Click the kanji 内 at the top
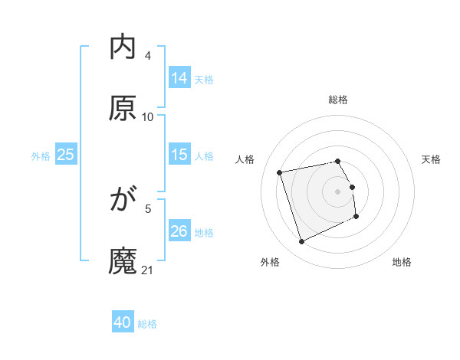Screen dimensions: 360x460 (x=123, y=47)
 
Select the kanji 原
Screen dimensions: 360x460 (x=123, y=108)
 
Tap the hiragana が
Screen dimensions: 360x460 (x=123, y=200)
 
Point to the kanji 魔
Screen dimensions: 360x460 (x=123, y=261)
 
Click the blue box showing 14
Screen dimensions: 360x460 (x=179, y=78)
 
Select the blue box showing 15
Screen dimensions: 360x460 (x=179, y=155)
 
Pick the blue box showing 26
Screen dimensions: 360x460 (x=179, y=231)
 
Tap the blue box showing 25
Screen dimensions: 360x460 (x=65, y=155)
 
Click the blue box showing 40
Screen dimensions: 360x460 (x=123, y=322)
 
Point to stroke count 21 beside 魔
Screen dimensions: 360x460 (x=148, y=270)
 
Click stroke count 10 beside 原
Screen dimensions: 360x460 (x=148, y=117)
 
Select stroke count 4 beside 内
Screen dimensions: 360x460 (x=148, y=56)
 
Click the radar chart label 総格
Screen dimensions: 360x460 (x=338, y=100)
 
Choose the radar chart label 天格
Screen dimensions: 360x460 (x=431, y=159)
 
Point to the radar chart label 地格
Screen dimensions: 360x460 (x=402, y=263)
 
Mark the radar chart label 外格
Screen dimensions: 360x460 (x=270, y=263)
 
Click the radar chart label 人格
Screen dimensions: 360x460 (x=245, y=159)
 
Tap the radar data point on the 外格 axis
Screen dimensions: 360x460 (x=301, y=242)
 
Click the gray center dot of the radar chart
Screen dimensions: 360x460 (x=338, y=191)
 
